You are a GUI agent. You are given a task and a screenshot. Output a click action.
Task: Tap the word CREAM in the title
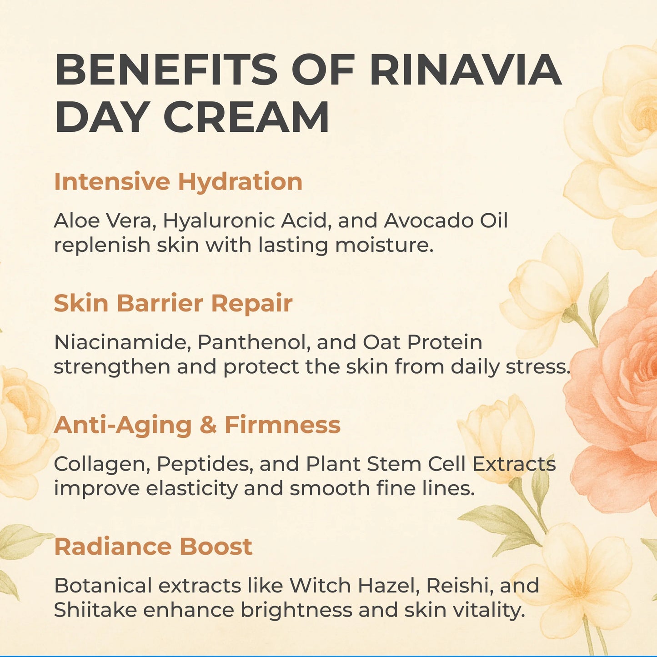pyautogui.click(x=246, y=116)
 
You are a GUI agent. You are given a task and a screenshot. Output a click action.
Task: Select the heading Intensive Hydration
pyautogui.click(x=178, y=181)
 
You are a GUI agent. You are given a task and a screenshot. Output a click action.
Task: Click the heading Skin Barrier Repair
pyautogui.click(x=173, y=303)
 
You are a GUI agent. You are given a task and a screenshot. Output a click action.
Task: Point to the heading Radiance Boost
pyautogui.click(x=153, y=546)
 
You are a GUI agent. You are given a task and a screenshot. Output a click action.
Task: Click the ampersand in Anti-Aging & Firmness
pyautogui.click(x=208, y=425)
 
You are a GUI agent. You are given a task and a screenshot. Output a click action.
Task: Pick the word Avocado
pyautogui.click(x=429, y=221)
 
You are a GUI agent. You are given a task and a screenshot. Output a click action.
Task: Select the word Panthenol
pyautogui.click(x=254, y=342)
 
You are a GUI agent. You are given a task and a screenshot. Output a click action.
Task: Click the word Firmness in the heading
pyautogui.click(x=283, y=425)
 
